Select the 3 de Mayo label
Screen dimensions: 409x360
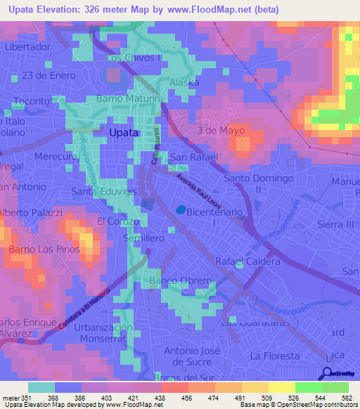click(221, 131)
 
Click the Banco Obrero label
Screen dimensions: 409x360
click(181, 282)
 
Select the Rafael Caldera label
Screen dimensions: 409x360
click(247, 261)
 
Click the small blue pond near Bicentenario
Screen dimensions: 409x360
click(181, 209)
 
